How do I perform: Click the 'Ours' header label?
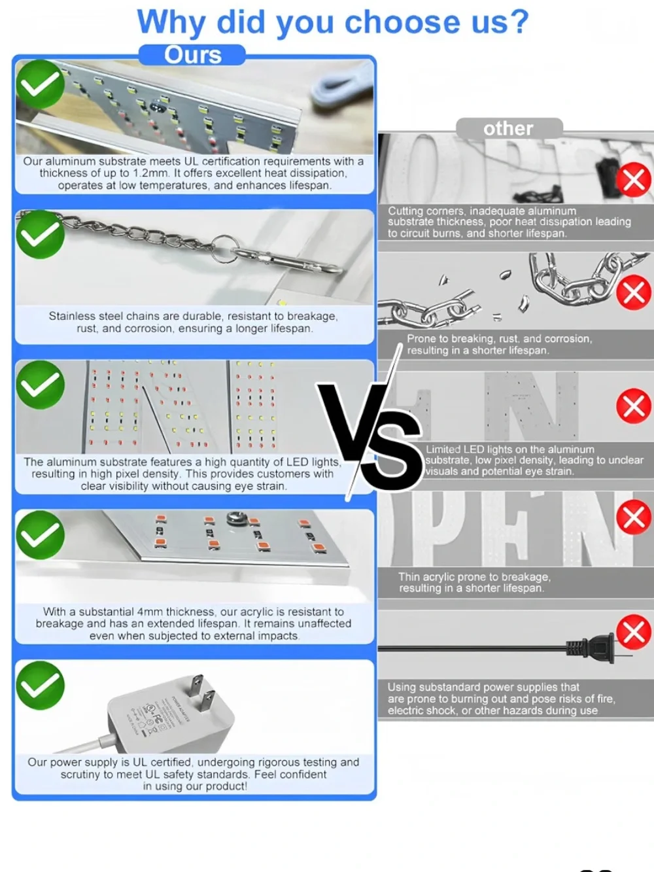point(192,55)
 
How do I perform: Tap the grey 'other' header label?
point(508,129)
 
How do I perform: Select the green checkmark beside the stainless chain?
point(40,234)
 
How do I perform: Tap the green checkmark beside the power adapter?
point(40,686)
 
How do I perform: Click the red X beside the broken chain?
point(634,293)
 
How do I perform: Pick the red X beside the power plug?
point(634,632)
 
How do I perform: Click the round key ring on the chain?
point(224,249)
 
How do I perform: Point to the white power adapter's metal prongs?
point(202,693)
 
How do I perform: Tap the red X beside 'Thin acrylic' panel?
point(634,517)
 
